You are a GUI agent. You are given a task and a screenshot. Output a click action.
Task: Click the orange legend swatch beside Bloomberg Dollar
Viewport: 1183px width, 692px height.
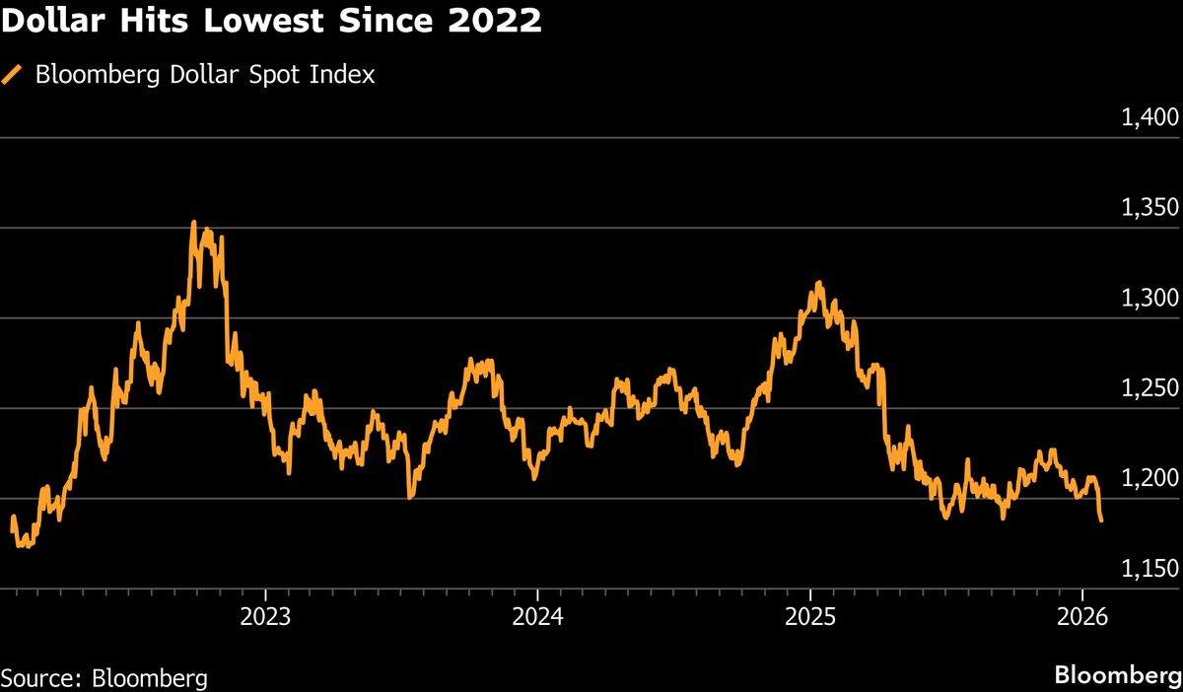(13, 75)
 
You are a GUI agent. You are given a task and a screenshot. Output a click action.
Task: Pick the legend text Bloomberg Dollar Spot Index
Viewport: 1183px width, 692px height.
(205, 75)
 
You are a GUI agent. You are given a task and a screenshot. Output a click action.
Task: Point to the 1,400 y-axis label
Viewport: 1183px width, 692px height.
(1150, 118)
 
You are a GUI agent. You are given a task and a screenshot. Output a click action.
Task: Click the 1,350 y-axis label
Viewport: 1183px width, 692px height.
(1150, 208)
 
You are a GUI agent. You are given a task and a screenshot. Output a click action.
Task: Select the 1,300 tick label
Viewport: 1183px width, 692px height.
(1150, 299)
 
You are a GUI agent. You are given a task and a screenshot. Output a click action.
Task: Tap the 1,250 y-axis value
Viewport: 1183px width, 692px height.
(1150, 388)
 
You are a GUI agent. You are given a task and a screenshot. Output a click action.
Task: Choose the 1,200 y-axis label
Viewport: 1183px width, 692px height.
(1150, 479)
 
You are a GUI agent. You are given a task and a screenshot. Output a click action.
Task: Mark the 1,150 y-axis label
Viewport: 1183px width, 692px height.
(1150, 569)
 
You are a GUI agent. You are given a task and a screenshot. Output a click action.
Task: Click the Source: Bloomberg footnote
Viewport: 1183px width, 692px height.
(104, 678)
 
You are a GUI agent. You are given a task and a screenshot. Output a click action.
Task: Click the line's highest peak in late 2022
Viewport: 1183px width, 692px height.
(193, 222)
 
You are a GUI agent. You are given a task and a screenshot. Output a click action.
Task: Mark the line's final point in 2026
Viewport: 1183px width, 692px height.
(1101, 520)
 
